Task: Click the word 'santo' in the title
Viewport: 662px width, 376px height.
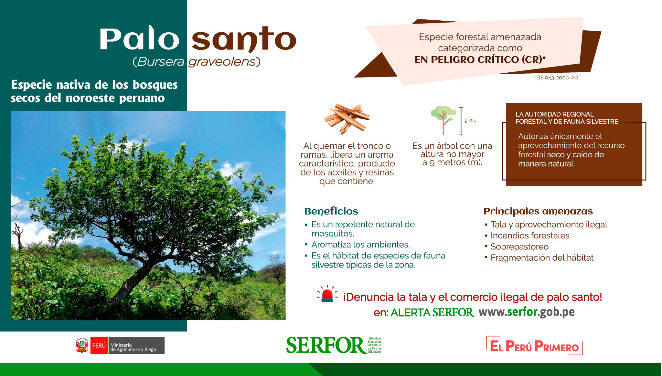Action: coord(244,39)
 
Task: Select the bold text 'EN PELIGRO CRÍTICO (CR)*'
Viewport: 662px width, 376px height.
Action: coord(480,59)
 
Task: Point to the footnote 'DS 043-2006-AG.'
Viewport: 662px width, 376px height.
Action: coord(558,78)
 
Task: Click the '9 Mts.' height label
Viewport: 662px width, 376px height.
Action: coord(470,121)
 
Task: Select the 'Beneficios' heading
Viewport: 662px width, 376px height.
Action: coord(331,211)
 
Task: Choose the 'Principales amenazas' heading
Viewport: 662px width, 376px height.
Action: coord(538,211)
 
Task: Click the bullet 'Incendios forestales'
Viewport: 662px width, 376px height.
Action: coord(530,235)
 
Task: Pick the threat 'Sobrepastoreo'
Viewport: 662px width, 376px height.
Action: coord(519,247)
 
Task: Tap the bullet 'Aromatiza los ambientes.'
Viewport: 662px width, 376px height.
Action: coord(360,245)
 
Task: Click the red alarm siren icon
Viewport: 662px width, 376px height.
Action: coord(327,294)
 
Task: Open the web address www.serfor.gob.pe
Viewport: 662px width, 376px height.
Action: coord(527,312)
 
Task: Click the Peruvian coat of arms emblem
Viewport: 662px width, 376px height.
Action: coord(82,346)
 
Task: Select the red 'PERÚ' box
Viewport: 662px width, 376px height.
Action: coord(99,346)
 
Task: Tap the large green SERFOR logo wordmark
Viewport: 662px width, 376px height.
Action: coord(325,345)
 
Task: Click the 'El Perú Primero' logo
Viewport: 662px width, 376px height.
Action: coord(534,346)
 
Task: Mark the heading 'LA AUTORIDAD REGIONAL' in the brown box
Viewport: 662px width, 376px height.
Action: coord(554,114)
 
